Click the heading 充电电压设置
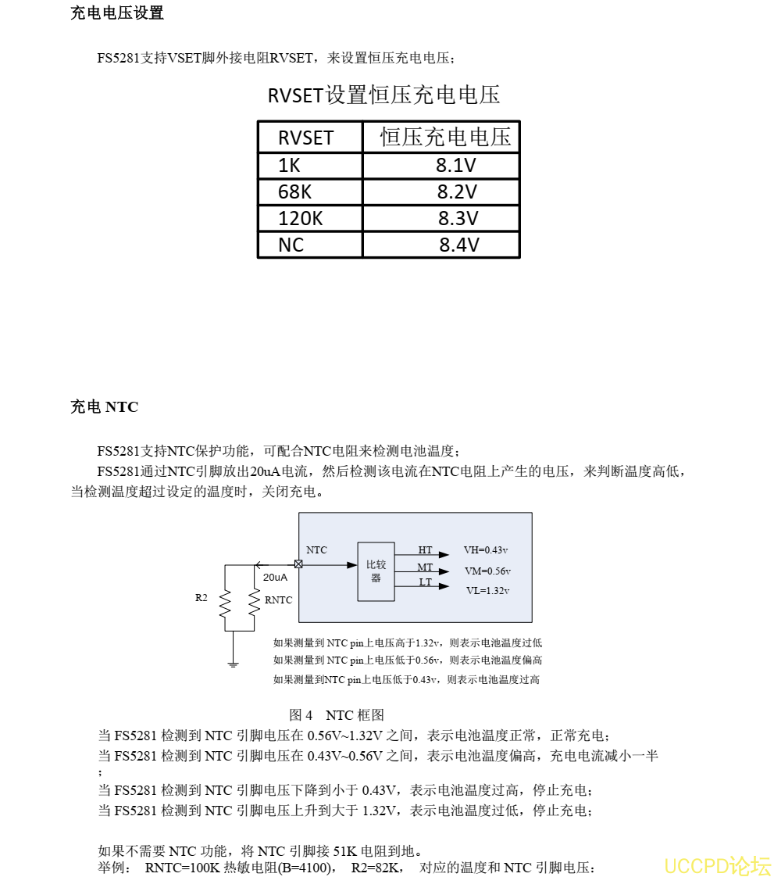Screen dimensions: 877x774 pos(117,13)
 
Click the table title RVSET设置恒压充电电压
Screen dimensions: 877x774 pos(383,95)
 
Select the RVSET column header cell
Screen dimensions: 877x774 pos(306,138)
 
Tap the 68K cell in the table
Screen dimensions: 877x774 pos(295,192)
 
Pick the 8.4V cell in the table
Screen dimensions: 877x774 pos(458,245)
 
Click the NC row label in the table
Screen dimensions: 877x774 pos(291,245)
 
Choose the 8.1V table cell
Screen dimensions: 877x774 pos(456,165)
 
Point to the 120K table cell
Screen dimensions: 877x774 pos(301,218)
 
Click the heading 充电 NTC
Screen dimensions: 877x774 pos(104,407)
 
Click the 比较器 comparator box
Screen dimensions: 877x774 pos(376,571)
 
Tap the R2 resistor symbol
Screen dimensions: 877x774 pos(225,603)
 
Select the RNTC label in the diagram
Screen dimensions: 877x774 pos(278,600)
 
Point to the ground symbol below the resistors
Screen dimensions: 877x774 pos(233,664)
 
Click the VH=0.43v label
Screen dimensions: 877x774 pos(486,550)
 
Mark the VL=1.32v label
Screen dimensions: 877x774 pos(487,591)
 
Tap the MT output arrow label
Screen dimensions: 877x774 pos(425,567)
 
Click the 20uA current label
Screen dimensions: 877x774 pos(275,578)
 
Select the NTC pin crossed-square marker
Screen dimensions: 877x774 pos(298,564)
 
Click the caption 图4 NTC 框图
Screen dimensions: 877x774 pos(337,715)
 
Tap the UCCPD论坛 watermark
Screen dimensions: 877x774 pos(717,866)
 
